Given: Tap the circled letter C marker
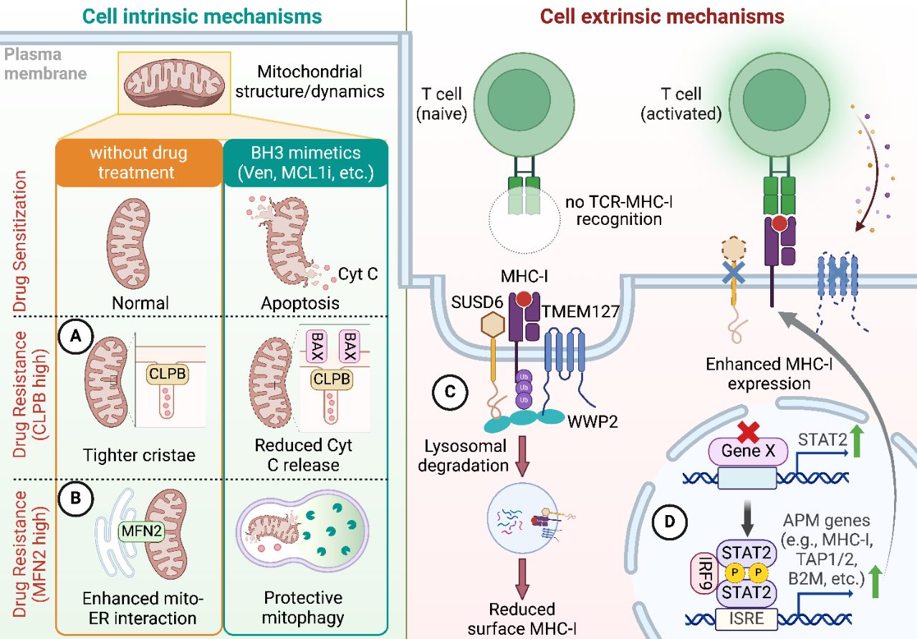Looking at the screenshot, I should click(451, 392).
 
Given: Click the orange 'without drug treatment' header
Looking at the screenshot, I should click(139, 163).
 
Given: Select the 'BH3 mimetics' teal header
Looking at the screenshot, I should click(307, 163).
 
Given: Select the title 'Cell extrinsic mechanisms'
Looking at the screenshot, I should click(661, 16).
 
